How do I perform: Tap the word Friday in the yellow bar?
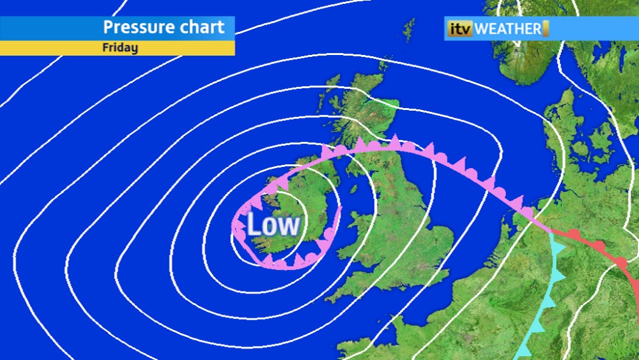tap(120, 47)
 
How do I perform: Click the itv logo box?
tap(460, 29)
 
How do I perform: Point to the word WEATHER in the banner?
tap(508, 29)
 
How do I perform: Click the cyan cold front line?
tap(555, 281)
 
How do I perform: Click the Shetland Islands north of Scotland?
tap(385, 64)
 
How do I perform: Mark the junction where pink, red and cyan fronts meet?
tap(549, 230)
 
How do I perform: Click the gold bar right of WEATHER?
tap(546, 29)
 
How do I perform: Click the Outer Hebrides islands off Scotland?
tap(323, 102)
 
